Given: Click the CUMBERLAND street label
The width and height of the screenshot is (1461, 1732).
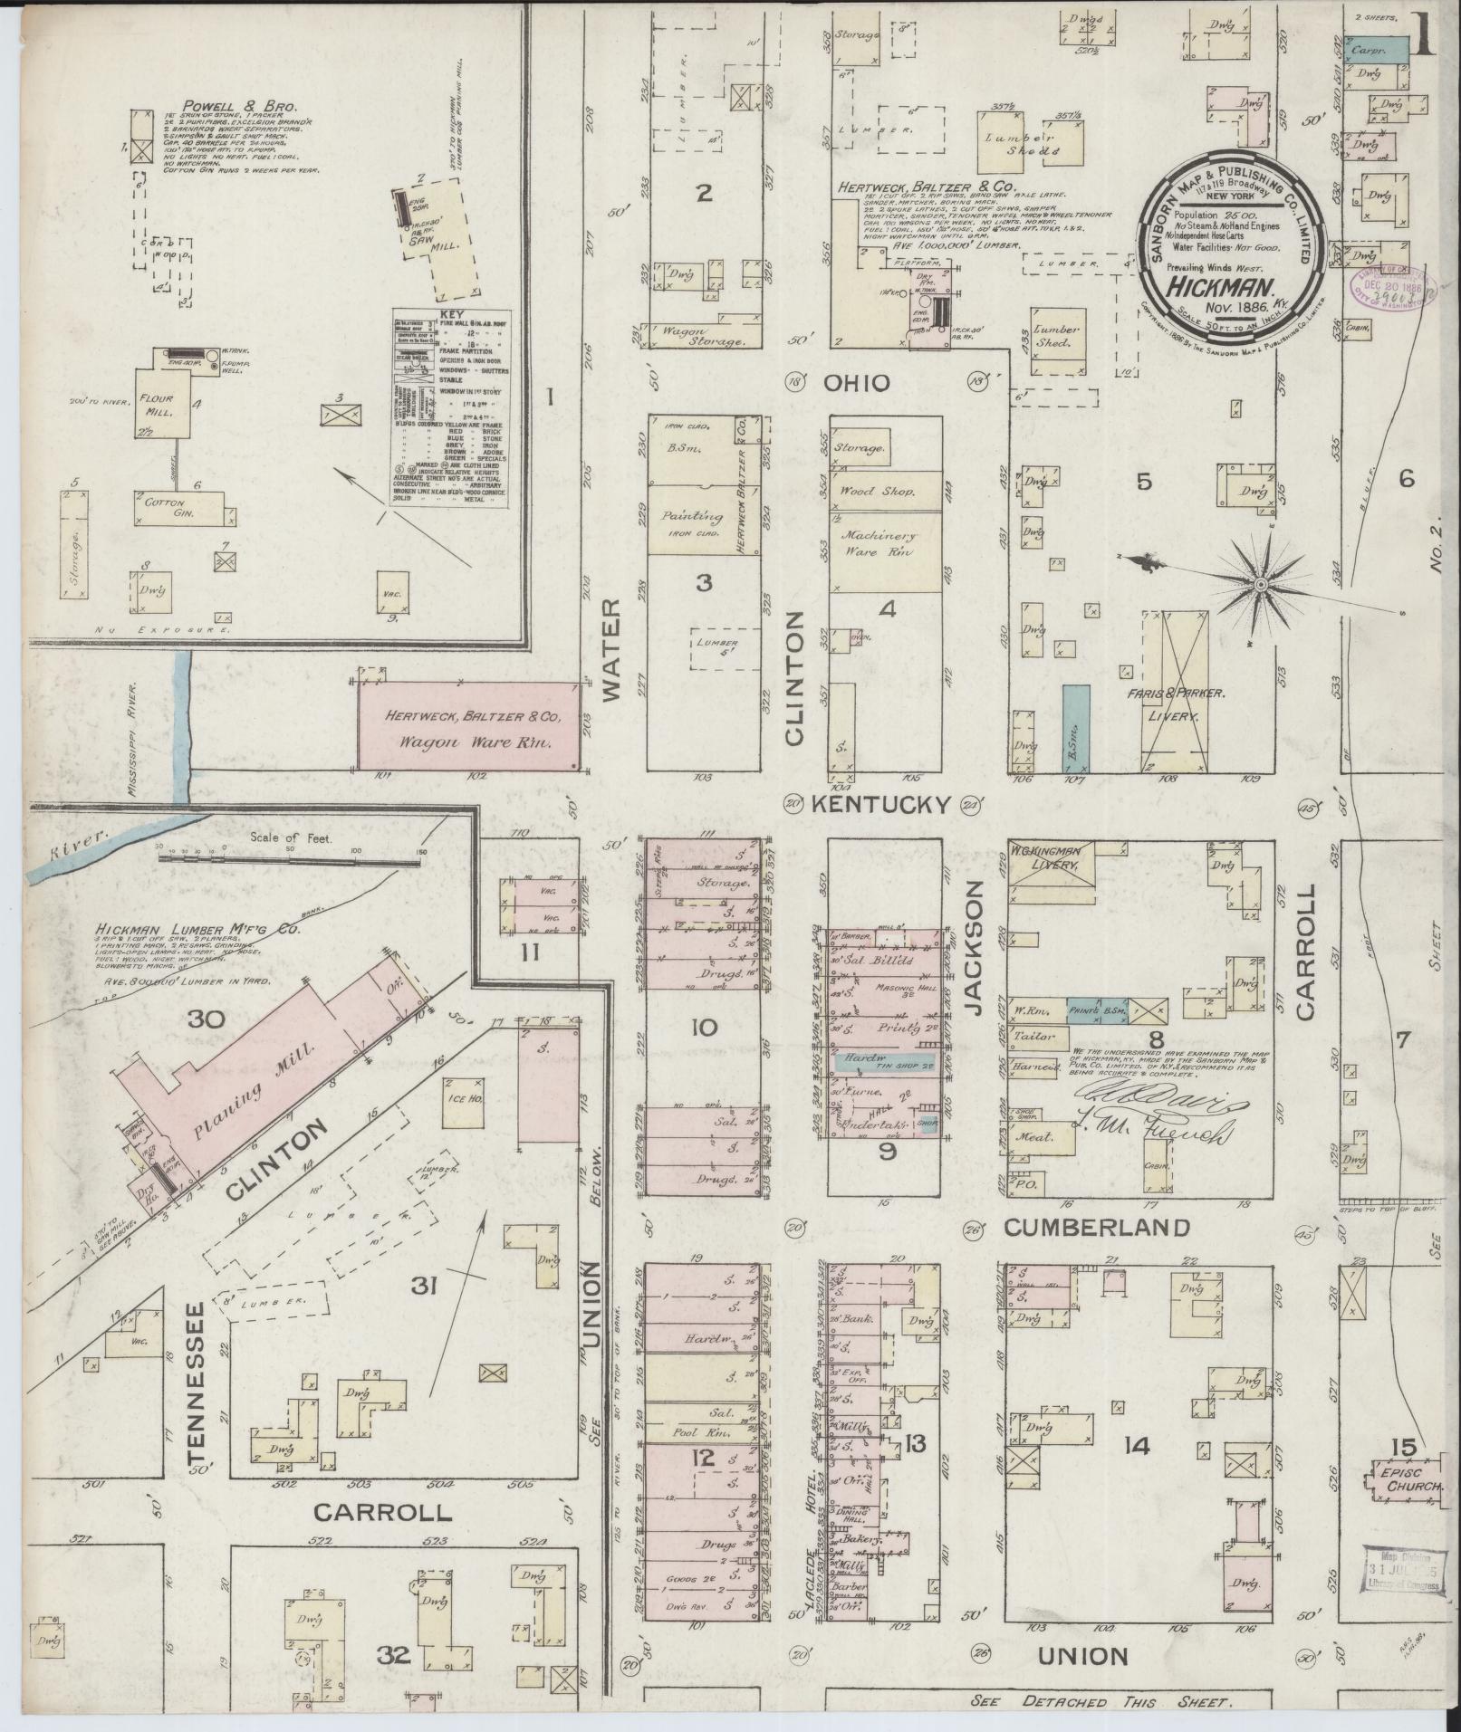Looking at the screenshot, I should point(1096,1228).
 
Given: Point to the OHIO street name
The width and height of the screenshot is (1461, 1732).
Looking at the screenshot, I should point(855,383).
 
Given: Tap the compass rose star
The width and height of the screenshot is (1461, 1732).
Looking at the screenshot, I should point(1259,588).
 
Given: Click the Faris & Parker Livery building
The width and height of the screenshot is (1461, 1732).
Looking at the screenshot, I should point(1175,693).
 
